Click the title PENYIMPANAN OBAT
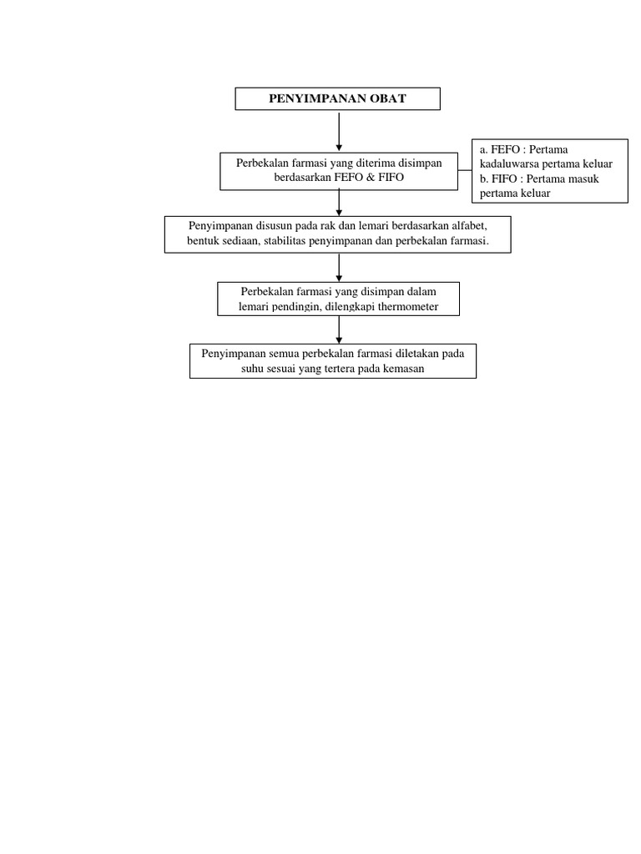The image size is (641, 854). click(337, 99)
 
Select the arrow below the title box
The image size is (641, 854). click(339, 132)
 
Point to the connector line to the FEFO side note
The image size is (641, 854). click(464, 171)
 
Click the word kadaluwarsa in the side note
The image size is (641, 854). click(510, 164)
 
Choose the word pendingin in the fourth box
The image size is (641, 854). click(293, 307)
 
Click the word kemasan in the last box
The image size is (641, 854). click(400, 369)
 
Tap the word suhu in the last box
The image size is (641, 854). click(255, 369)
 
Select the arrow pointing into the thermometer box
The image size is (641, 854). click(339, 268)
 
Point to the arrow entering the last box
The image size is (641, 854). click(339, 329)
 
